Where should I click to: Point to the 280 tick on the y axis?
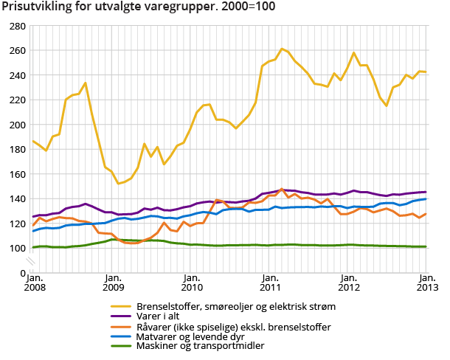coord(18,26)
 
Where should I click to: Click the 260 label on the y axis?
coord(18,50)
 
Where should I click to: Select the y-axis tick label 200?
coord(18,125)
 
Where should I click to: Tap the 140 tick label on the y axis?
coord(18,198)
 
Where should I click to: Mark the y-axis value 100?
coord(18,248)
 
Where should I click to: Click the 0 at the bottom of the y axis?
coord(24,273)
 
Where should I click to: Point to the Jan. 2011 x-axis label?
coord(269,281)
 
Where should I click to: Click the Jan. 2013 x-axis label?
coord(426,281)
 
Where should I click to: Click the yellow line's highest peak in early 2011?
coord(282,49)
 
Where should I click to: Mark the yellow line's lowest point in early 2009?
coord(118,183)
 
